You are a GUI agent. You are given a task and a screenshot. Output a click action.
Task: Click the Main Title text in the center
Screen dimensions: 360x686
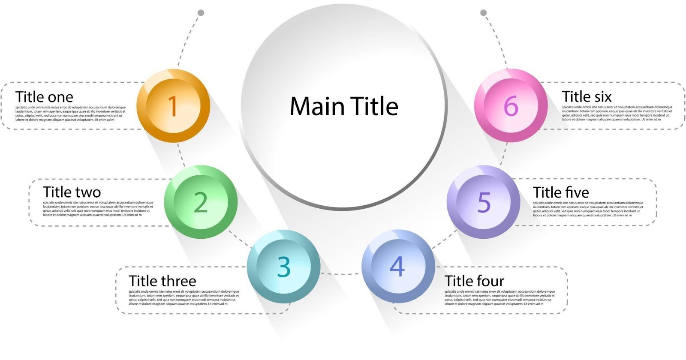[x=344, y=106]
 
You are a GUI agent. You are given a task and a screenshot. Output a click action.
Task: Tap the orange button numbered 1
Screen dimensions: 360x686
[x=173, y=106]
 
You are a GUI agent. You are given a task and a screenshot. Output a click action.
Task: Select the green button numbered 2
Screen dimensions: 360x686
[x=201, y=202]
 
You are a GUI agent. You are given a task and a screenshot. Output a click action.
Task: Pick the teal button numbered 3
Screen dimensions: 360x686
[x=283, y=267]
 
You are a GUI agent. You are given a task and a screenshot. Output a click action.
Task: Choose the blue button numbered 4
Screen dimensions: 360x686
[x=397, y=267]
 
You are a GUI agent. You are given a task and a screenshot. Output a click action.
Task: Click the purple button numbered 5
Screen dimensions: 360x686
[x=484, y=202]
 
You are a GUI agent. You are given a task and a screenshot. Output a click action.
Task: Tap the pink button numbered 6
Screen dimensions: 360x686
[x=511, y=106]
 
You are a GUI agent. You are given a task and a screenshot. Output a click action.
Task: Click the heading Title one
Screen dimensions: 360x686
[x=44, y=97]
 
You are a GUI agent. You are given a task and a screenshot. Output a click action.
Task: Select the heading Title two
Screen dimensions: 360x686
[x=72, y=192]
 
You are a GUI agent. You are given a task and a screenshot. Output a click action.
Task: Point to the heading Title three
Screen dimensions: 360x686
[x=162, y=281]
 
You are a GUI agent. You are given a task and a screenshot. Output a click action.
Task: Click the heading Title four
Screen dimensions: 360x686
[x=474, y=281]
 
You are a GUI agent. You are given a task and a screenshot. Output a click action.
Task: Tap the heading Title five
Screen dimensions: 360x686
[x=561, y=192]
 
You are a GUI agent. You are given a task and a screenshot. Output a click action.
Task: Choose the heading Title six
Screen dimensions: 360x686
[x=587, y=97]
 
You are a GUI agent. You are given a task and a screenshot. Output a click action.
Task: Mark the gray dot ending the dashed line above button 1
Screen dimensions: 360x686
[x=201, y=13]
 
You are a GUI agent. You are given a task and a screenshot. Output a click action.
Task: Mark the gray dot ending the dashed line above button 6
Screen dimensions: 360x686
[x=484, y=13]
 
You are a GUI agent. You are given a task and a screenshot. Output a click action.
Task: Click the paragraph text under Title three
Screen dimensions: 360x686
[x=184, y=298]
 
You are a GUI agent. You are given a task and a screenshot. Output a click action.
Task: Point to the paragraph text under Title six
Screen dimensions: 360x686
[x=617, y=114]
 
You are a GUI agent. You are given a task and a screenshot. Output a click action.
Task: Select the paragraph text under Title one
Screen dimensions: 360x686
[x=70, y=114]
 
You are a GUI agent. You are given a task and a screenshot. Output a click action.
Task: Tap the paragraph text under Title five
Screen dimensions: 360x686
[x=588, y=209]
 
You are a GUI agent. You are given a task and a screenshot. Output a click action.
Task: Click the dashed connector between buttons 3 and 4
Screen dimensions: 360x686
[x=341, y=274]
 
